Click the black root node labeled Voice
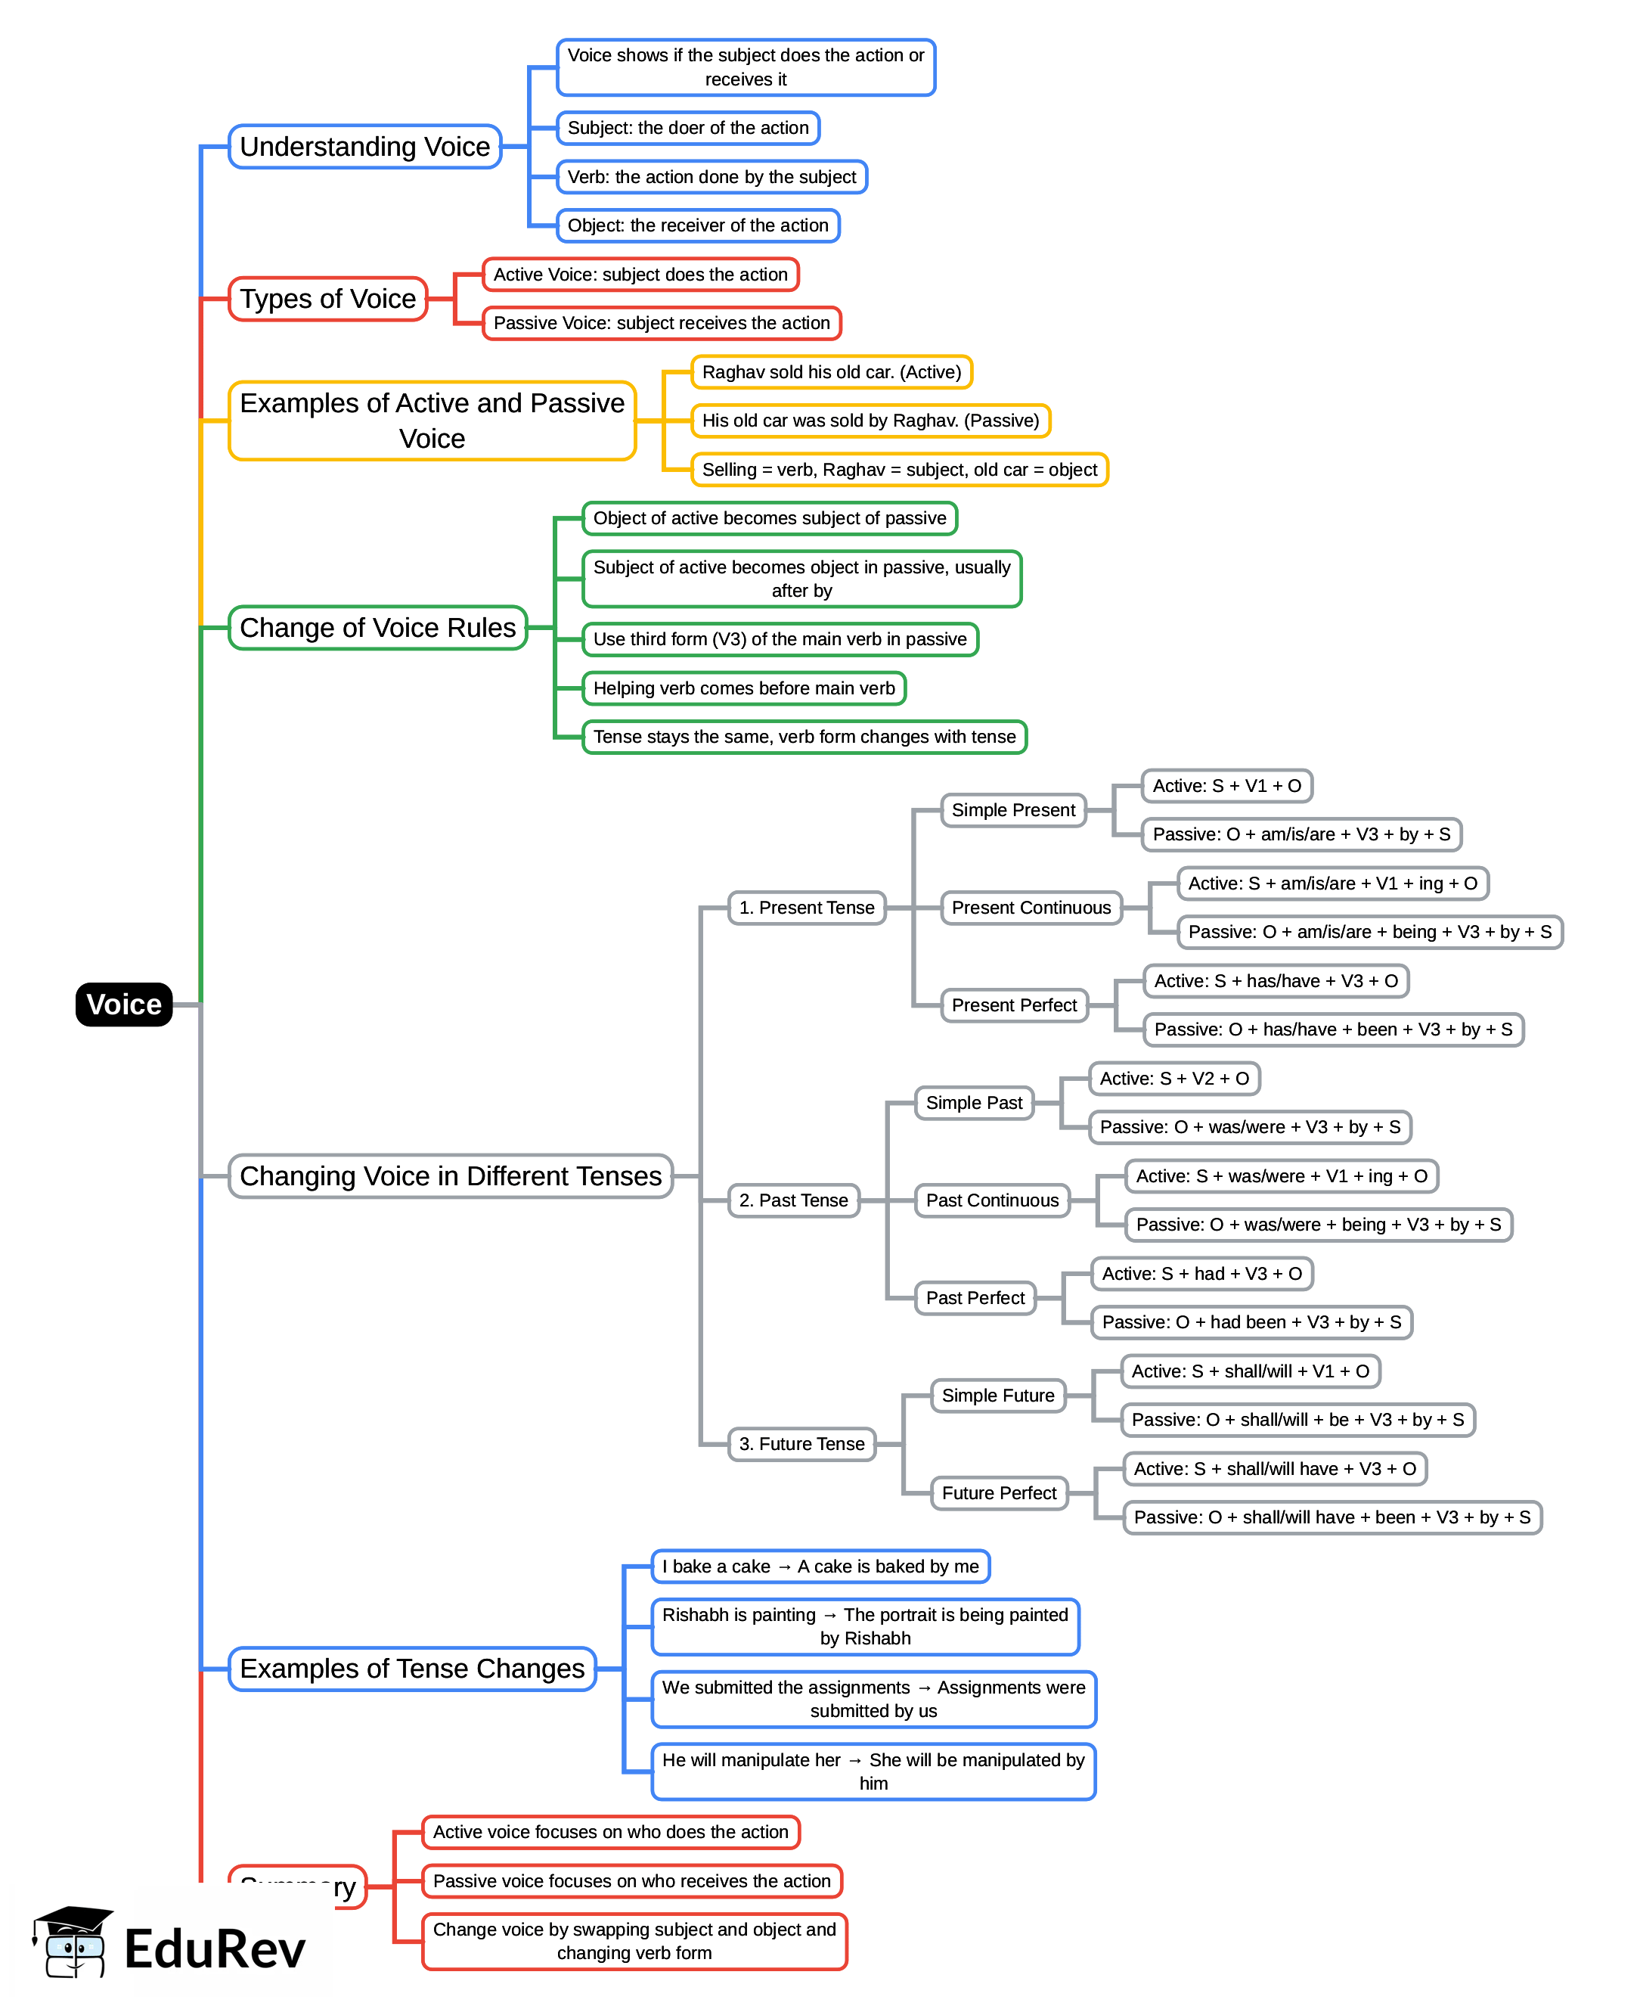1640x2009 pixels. [x=124, y=1004]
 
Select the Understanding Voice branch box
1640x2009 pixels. [x=364, y=147]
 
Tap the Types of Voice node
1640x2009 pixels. [x=328, y=299]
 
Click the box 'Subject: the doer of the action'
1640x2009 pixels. [x=688, y=128]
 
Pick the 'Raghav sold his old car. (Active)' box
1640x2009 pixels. [x=831, y=371]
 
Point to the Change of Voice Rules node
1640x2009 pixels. [x=377, y=628]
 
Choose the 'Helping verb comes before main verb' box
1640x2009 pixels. [x=743, y=688]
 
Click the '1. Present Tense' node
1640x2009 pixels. [x=807, y=907]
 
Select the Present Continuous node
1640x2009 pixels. [x=1031, y=907]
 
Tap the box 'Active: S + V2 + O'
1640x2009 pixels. [x=1174, y=1078]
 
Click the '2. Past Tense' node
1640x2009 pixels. [x=794, y=1200]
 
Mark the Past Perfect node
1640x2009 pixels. [x=975, y=1297]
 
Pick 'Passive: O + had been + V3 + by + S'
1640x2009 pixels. [x=1251, y=1322]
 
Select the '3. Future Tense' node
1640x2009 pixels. [x=802, y=1444]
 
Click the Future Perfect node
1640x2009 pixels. [x=999, y=1493]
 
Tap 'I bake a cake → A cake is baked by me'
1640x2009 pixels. [x=820, y=1566]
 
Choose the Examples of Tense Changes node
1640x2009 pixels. [x=412, y=1669]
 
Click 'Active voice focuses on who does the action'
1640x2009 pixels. [x=610, y=1831]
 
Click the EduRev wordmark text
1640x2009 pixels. [x=215, y=1948]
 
